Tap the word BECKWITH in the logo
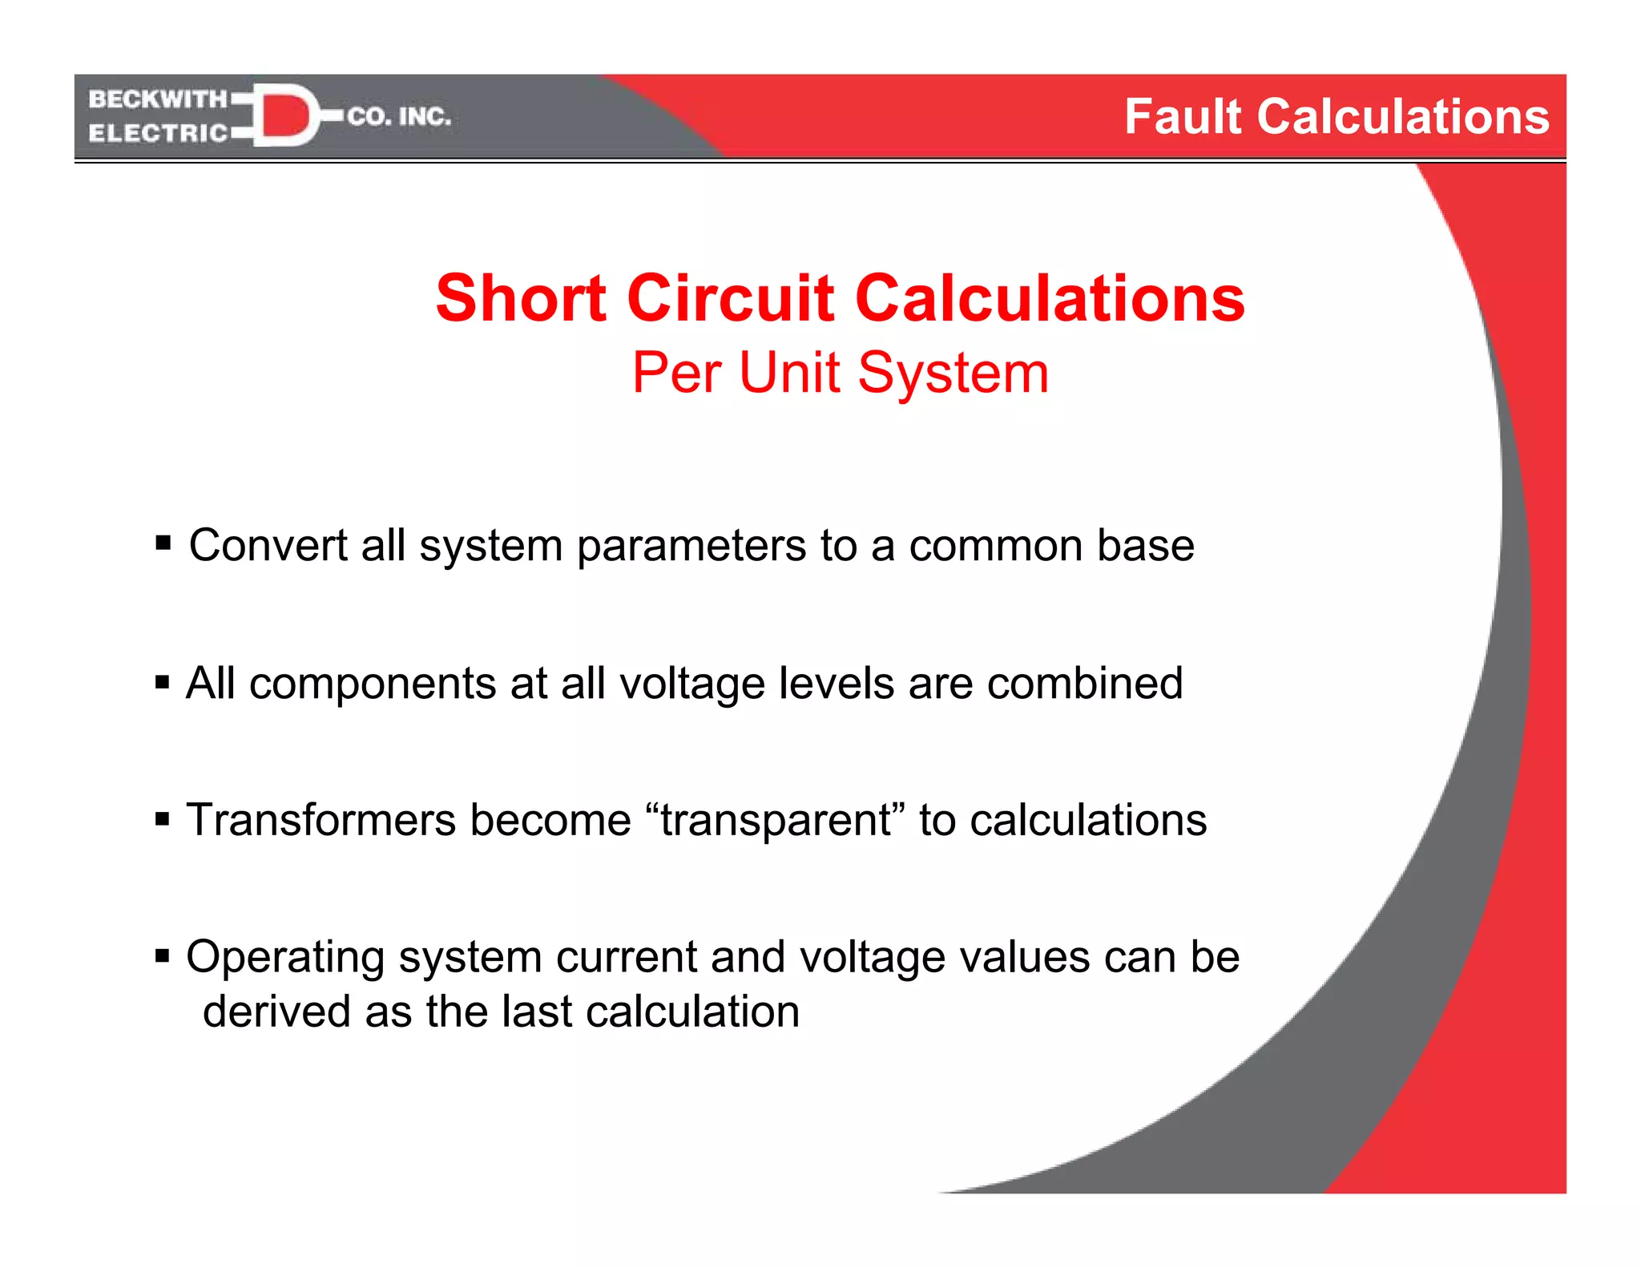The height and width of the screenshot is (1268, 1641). [x=158, y=99]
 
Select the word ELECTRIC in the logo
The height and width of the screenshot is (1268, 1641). [x=158, y=133]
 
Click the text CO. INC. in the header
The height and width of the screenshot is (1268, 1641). [x=399, y=117]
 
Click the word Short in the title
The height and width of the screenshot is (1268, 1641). [x=521, y=298]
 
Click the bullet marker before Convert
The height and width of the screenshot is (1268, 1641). [x=163, y=543]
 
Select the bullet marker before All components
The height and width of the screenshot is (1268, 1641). [x=163, y=682]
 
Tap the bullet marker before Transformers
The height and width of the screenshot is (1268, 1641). [x=163, y=819]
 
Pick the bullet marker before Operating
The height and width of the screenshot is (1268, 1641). [x=163, y=955]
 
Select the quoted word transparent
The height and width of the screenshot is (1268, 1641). [x=776, y=821]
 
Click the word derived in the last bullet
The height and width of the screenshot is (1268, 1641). [x=276, y=1012]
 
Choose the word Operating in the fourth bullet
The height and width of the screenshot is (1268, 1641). [x=285, y=958]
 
